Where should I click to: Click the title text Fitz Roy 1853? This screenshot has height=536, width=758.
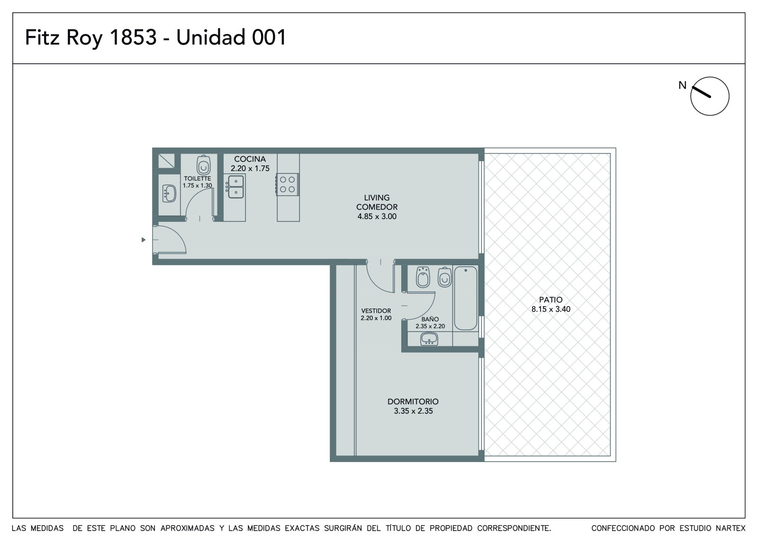coord(90,37)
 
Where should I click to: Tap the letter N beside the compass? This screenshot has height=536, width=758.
coord(683,85)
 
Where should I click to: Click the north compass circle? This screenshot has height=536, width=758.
coord(710,96)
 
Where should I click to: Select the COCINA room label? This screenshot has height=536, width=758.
coord(250,159)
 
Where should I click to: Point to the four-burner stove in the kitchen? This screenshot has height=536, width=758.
coord(287,184)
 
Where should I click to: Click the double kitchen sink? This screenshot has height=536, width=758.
coord(235,187)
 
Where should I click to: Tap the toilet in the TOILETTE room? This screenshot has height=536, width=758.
coord(203,165)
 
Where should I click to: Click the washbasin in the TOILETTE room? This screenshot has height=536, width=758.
coord(169,193)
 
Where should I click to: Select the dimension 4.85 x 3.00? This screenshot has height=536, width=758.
coord(377,217)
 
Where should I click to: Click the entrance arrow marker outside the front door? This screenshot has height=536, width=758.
coord(144,240)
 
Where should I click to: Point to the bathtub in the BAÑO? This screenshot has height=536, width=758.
coord(466,298)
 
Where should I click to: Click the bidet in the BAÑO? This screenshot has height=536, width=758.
coord(423,277)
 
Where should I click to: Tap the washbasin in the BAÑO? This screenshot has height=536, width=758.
coord(429,338)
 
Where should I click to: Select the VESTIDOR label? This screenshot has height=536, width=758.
coord(376,310)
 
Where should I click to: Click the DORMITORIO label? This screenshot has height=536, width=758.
coord(413,401)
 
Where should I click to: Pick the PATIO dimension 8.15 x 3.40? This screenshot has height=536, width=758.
coord(551,309)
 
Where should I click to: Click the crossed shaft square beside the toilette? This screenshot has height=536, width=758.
coord(166,161)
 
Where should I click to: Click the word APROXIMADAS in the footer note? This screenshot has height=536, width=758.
coord(188,528)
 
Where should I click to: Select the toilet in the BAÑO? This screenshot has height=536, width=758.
coord(445,277)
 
